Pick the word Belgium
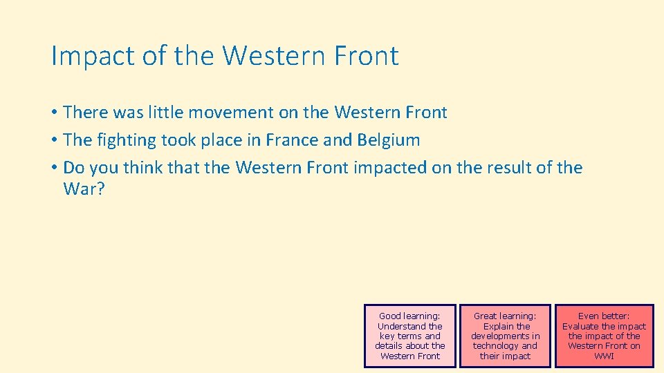click(389, 140)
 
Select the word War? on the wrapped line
click(84, 189)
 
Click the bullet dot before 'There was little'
click(53, 113)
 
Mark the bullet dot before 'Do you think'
click(53, 168)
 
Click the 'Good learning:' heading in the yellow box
click(409, 316)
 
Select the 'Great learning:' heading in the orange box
click(505, 316)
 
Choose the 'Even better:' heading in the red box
click(604, 316)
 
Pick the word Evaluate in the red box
click(580, 326)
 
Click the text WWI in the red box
click(604, 356)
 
